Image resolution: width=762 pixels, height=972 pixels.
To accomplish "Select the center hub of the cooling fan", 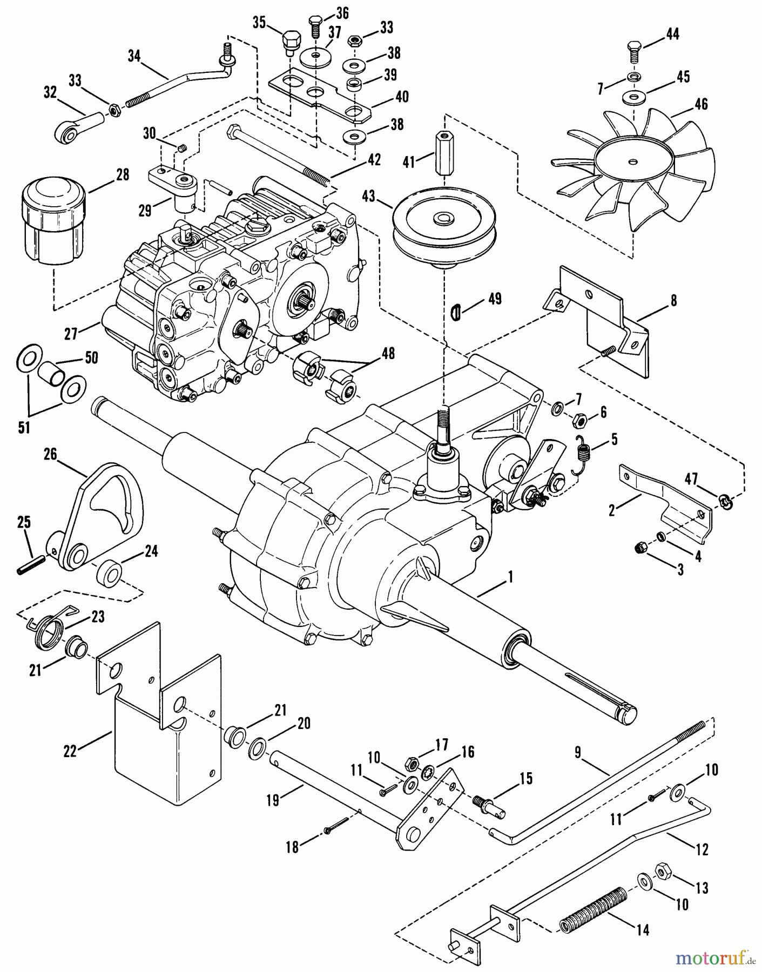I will pyautogui.click(x=631, y=160).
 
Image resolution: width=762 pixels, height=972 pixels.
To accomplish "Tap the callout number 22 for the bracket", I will pyautogui.click(x=70, y=751).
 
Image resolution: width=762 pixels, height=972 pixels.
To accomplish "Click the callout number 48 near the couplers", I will pyautogui.click(x=387, y=353).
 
